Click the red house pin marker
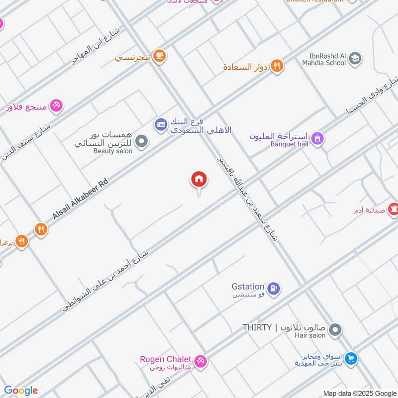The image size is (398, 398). tap(199, 180)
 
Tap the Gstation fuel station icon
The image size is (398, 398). tap(273, 288)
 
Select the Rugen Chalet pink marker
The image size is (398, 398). tap(200, 361)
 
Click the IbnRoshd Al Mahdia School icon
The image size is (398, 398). tap(355, 59)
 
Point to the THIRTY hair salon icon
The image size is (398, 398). tap(335, 329)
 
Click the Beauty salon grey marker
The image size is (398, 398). tap(142, 142)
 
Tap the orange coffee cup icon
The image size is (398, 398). tap(159, 56)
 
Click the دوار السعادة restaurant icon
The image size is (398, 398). tap(277, 66)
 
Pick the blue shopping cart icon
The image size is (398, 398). tap(351, 358)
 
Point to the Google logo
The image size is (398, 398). tap(21, 391)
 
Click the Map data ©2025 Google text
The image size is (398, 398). tap(359, 393)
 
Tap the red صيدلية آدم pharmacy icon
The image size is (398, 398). tap(394, 210)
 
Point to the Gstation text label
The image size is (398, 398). tap(248, 287)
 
